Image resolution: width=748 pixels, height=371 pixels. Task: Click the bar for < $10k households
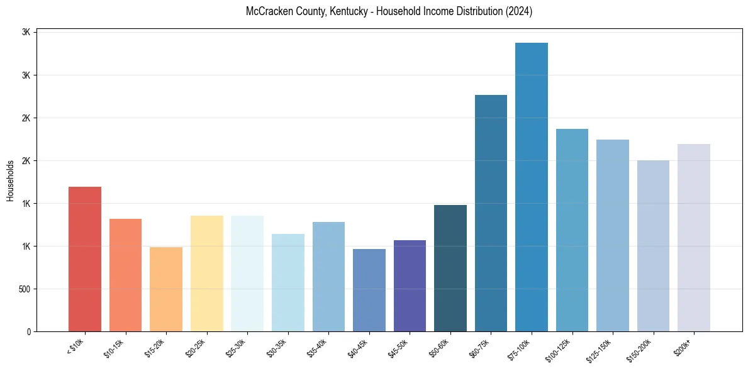(85, 259)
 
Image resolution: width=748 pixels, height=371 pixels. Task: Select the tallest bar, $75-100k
(532, 187)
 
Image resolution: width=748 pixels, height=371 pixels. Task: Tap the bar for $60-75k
(491, 213)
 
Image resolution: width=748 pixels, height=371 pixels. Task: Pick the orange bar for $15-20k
(166, 289)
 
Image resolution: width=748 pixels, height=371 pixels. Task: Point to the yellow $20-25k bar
(206, 274)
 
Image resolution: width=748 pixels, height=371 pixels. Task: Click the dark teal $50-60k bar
(450, 269)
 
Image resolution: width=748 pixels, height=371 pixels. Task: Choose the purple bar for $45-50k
(410, 286)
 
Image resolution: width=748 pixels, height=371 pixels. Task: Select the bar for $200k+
(694, 238)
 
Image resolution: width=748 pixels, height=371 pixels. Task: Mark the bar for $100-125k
(572, 230)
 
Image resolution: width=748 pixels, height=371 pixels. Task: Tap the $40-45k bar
(369, 291)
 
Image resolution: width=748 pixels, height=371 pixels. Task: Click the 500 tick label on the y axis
(24, 289)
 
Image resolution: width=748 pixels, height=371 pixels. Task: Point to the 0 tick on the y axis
(29, 332)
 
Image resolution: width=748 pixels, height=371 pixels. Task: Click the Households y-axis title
(10, 180)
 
